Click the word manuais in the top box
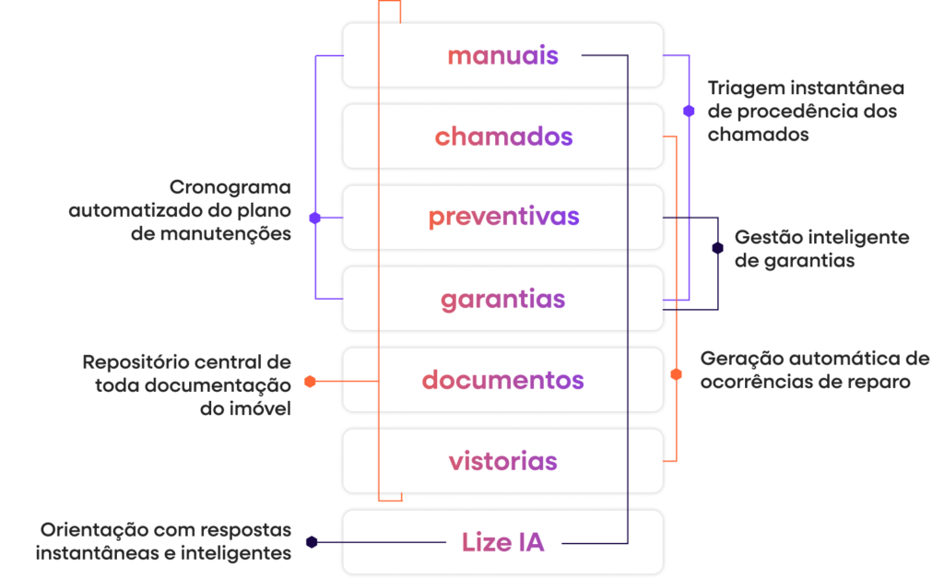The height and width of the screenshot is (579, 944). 502,55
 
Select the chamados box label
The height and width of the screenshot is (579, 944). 503,137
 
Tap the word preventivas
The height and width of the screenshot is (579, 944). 503,219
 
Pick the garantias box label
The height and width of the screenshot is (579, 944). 502,300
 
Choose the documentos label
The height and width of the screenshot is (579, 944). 502,380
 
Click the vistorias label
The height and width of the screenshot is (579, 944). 502,461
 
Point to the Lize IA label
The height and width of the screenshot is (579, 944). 502,543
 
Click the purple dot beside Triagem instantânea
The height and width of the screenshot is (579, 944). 689,111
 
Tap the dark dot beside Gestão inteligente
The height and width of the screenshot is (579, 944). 717,247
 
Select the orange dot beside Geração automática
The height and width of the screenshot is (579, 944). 676,374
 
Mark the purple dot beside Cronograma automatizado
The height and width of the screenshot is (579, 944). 315,219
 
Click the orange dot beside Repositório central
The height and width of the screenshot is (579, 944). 310,381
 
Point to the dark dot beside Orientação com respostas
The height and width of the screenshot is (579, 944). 312,542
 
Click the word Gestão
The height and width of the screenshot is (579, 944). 761,238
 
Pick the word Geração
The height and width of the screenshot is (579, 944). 734,359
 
